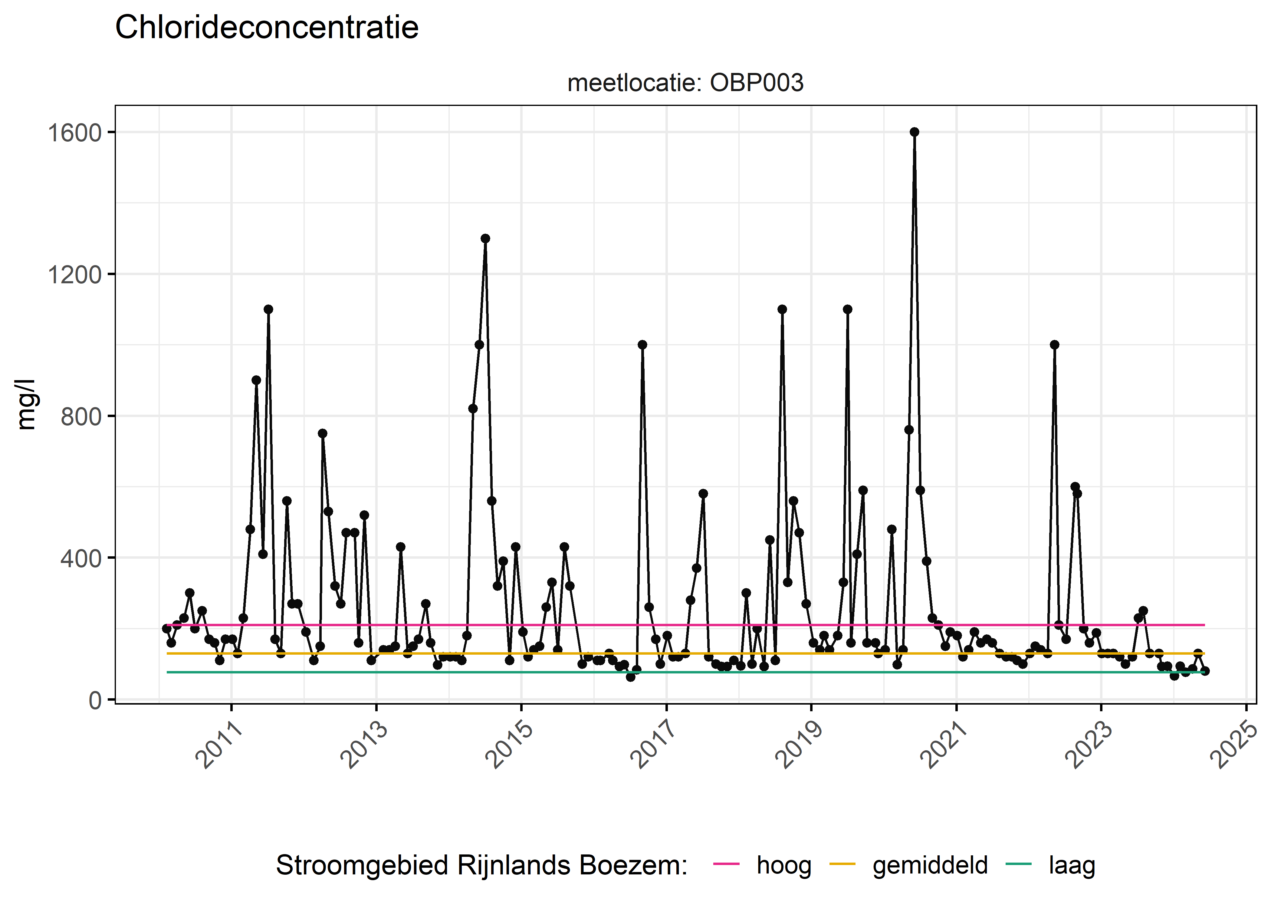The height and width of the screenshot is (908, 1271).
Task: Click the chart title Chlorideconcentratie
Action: [267, 28]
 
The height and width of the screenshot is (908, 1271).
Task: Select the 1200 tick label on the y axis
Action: [74, 275]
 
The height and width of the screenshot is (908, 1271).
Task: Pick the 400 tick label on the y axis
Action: [81, 558]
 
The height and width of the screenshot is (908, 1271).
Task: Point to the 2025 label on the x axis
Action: [1235, 745]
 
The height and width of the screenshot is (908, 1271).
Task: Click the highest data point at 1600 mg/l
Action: [915, 132]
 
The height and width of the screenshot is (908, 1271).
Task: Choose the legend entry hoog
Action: [783, 865]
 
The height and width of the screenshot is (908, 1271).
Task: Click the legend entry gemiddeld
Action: [930, 865]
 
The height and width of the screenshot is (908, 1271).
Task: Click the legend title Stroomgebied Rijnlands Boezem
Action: [481, 865]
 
